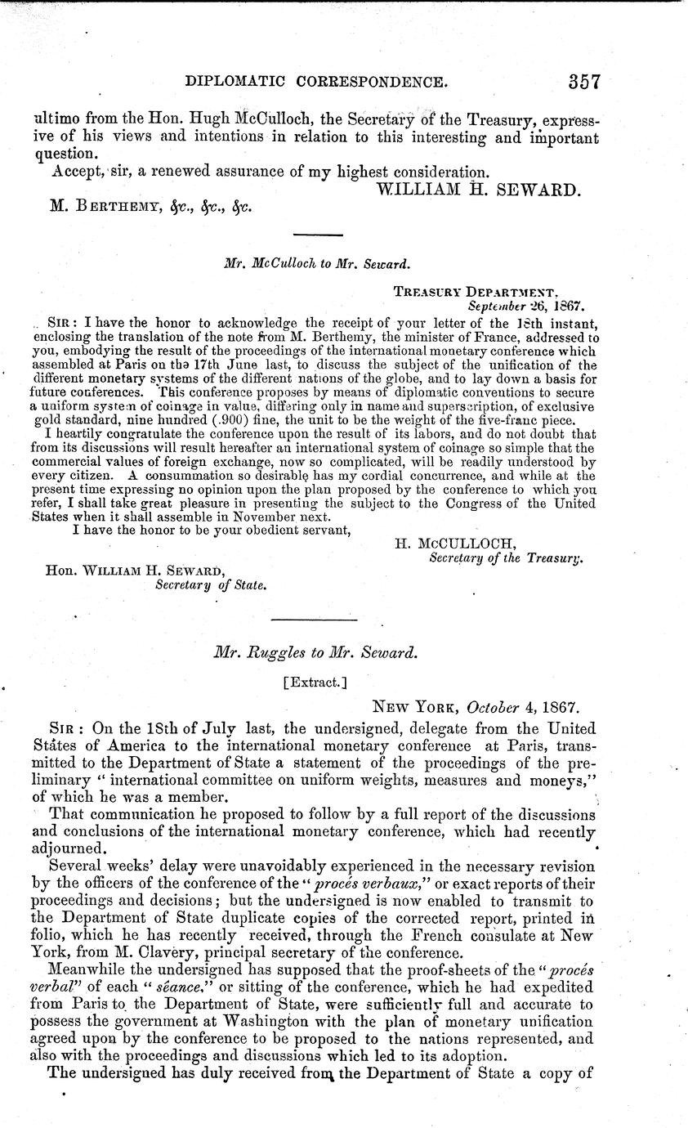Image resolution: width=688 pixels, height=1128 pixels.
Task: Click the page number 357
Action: (x=576, y=81)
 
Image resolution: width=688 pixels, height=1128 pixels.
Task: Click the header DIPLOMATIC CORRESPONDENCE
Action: (x=317, y=82)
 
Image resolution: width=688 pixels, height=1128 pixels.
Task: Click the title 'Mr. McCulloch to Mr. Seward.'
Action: (x=316, y=264)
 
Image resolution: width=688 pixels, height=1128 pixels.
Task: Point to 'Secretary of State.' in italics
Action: (x=212, y=584)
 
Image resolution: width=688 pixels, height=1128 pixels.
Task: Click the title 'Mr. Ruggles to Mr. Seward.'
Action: (x=316, y=653)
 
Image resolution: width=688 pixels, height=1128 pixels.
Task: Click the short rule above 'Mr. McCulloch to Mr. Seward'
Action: (x=317, y=235)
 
